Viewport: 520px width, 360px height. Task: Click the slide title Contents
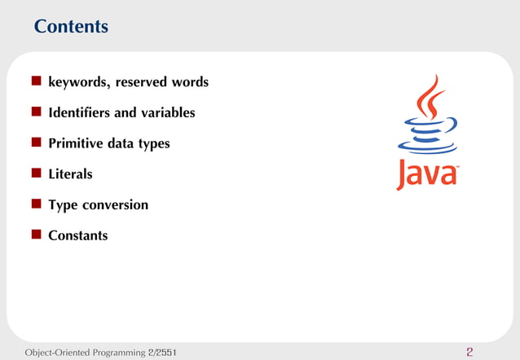[71, 27]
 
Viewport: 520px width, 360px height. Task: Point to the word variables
[166, 112]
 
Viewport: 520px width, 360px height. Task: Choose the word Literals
[70, 174]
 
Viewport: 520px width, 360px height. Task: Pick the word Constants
[77, 236]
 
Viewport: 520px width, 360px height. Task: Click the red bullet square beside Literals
[37, 174]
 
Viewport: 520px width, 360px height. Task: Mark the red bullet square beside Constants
[37, 236]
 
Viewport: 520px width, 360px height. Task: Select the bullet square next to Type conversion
[37, 205]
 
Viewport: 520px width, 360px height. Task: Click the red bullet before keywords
[37, 82]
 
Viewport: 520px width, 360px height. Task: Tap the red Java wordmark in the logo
[428, 175]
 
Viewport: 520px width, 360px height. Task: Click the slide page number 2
[469, 353]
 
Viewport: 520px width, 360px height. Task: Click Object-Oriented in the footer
[50, 353]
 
